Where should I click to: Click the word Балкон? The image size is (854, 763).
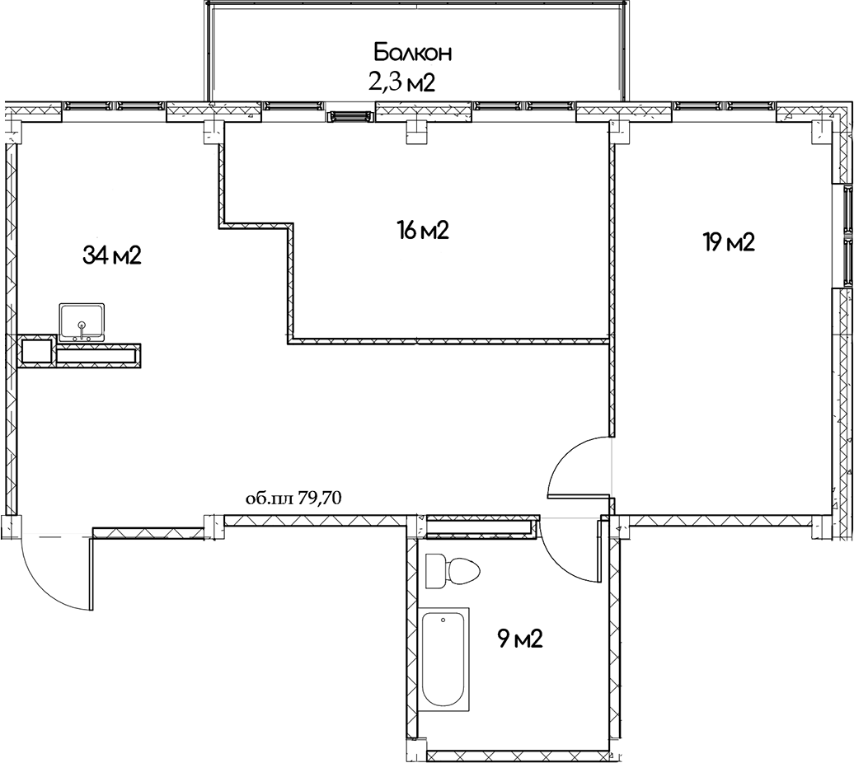(x=413, y=53)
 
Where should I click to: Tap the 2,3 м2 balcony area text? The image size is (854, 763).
(x=401, y=83)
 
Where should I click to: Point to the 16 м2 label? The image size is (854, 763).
(x=423, y=232)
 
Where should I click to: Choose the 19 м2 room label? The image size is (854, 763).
(x=728, y=242)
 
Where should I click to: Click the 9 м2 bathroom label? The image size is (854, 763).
(x=520, y=639)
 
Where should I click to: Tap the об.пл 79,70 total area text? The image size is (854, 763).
(x=293, y=498)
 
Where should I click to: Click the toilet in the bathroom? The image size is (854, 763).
(x=453, y=572)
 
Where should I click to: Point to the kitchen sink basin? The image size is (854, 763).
(x=82, y=322)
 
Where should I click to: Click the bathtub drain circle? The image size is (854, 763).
(x=443, y=620)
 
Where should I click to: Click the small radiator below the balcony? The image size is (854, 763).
(x=351, y=116)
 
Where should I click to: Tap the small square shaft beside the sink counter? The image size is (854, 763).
(x=37, y=352)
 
